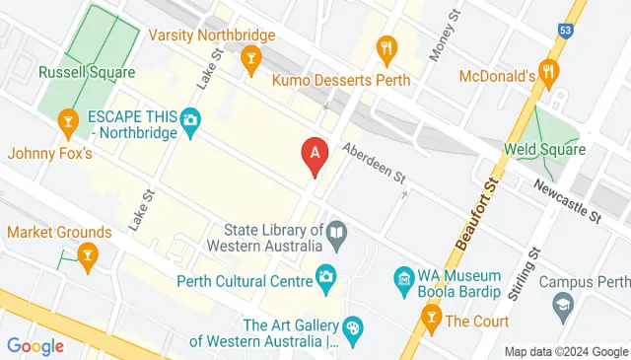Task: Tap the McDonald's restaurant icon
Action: coord(549,72)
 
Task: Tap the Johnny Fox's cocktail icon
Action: coord(67,122)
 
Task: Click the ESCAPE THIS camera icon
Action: coord(191,123)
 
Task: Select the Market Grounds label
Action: coord(58,232)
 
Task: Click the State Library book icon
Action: coord(338,236)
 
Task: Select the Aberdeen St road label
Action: coord(374,163)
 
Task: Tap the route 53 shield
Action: coord(566,30)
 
